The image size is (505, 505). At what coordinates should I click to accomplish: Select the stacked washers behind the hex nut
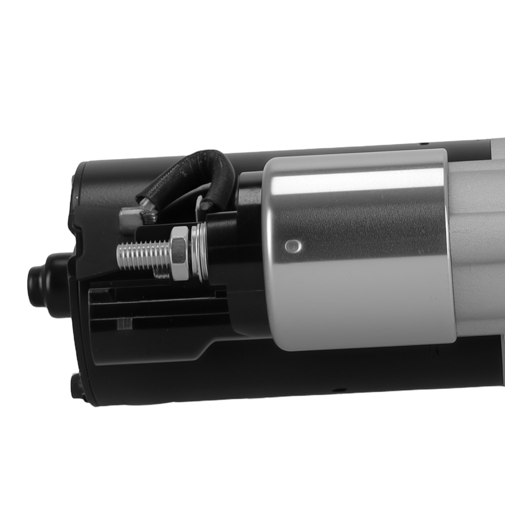point(198,252)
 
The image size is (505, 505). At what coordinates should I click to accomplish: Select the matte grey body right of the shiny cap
point(477,242)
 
